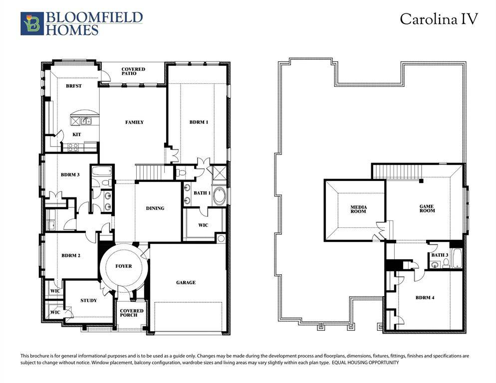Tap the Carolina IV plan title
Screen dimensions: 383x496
(x=439, y=19)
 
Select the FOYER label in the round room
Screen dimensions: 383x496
(x=124, y=266)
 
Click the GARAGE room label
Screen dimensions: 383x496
(x=186, y=283)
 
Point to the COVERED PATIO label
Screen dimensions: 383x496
(x=133, y=72)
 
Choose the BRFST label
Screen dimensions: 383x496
(x=74, y=86)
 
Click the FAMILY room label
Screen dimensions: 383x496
(x=134, y=122)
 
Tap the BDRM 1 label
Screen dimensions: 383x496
(x=198, y=122)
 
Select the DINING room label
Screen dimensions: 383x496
(x=155, y=208)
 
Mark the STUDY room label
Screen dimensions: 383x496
(x=88, y=301)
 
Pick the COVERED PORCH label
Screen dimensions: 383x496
(x=132, y=313)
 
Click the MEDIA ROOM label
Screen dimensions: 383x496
(x=358, y=209)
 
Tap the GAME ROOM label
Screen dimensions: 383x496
(x=427, y=208)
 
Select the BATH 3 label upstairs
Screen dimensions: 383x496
(x=440, y=255)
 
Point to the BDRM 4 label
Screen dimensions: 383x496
(x=425, y=298)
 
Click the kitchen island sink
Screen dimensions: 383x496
(x=86, y=120)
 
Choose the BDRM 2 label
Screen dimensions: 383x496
(x=71, y=256)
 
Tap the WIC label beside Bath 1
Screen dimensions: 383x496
(x=203, y=225)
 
